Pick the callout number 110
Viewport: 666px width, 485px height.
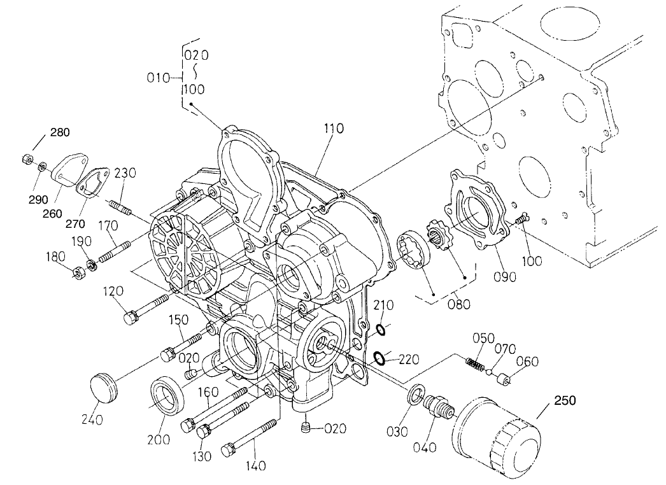[x=333, y=129]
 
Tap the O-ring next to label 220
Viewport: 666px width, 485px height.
[x=378, y=358]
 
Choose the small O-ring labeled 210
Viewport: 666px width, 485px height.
[x=380, y=330]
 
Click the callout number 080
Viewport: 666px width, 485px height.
[x=458, y=304]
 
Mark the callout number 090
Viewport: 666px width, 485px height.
[x=504, y=276]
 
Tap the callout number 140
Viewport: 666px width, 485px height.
[x=257, y=466]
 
